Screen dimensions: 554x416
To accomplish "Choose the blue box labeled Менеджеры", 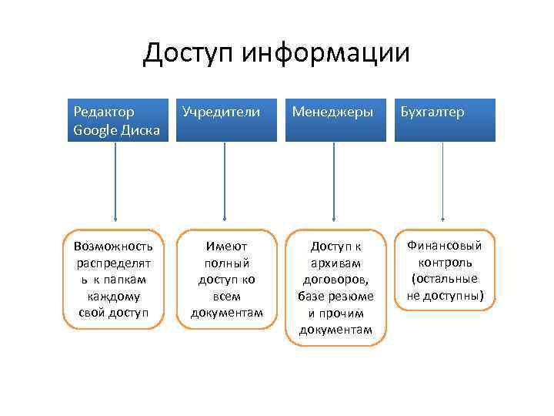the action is pos(333,120).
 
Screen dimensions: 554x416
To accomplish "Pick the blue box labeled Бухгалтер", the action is pos(442,120).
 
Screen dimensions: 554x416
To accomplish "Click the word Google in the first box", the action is pos(94,129).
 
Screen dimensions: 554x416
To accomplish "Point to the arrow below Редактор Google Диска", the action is pos(115,184).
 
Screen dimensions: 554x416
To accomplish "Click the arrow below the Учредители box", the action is pos(225,184).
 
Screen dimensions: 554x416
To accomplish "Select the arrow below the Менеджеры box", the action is pos(334,184).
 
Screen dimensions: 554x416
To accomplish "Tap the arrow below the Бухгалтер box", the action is pos(443,184).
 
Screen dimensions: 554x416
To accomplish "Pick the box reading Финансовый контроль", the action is pos(443,270).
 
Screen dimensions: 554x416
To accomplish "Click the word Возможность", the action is pos(114,247).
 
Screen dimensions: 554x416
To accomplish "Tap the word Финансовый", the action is pos(445,246).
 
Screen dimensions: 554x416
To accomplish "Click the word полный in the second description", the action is pos(226,263).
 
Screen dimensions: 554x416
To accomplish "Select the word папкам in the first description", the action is pos(127,280).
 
